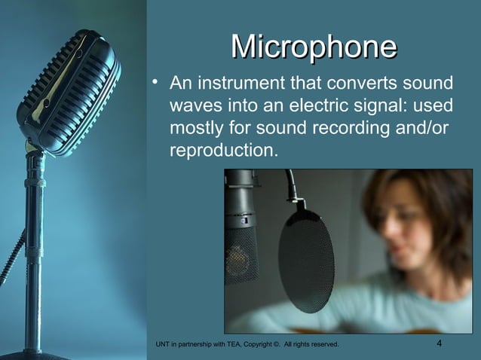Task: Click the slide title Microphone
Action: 313,47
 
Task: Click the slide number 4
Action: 440,344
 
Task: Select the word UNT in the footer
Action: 161,345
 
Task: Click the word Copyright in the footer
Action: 262,345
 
